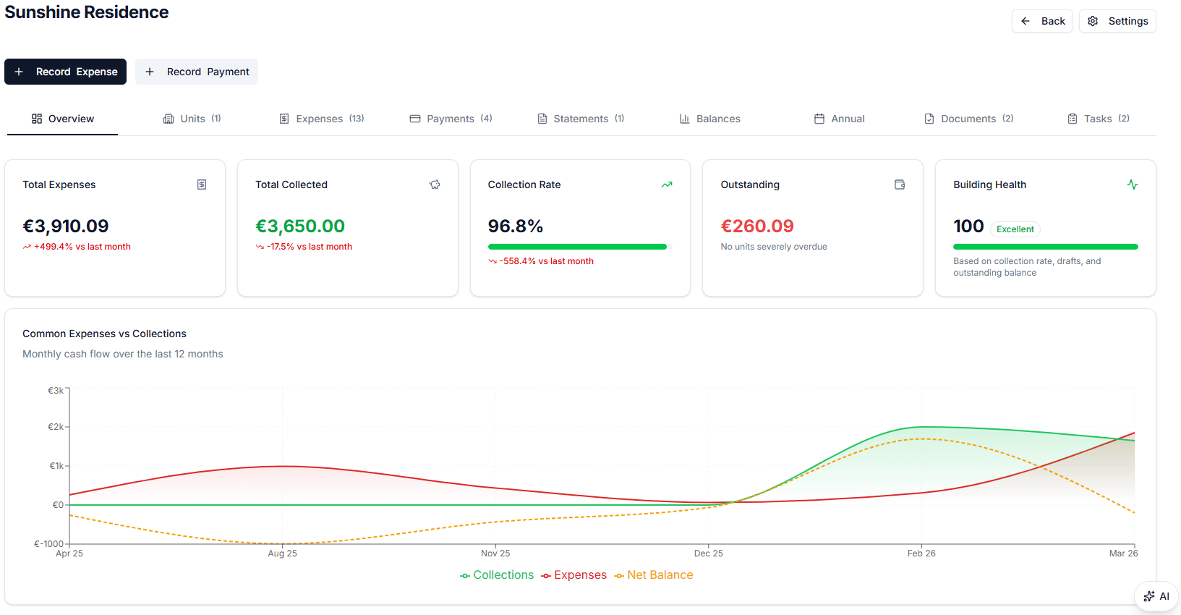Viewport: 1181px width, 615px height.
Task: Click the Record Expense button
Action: [x=65, y=72]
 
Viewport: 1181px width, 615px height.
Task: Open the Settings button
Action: [x=1117, y=21]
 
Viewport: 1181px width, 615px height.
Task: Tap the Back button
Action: [x=1042, y=21]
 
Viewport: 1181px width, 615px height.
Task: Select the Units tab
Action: [x=192, y=119]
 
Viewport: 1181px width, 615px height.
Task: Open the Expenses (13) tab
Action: [x=322, y=119]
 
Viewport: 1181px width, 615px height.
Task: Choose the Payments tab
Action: [x=451, y=119]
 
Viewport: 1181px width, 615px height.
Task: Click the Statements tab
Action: [x=581, y=119]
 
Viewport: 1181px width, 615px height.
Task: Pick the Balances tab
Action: [x=709, y=119]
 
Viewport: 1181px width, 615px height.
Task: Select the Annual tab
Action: [x=839, y=119]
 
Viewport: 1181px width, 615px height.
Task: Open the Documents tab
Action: [x=968, y=119]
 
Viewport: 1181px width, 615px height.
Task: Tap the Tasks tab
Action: [x=1098, y=119]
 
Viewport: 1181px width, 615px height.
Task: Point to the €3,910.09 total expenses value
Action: [x=66, y=226]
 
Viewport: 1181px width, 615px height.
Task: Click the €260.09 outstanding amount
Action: [x=757, y=226]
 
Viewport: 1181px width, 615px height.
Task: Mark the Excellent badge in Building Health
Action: [x=1015, y=229]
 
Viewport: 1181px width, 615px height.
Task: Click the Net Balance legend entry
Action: [x=654, y=575]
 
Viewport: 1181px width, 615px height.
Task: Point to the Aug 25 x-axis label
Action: [x=282, y=553]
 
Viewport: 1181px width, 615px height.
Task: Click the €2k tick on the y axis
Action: [x=56, y=427]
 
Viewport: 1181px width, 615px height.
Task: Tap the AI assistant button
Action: [x=1156, y=596]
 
